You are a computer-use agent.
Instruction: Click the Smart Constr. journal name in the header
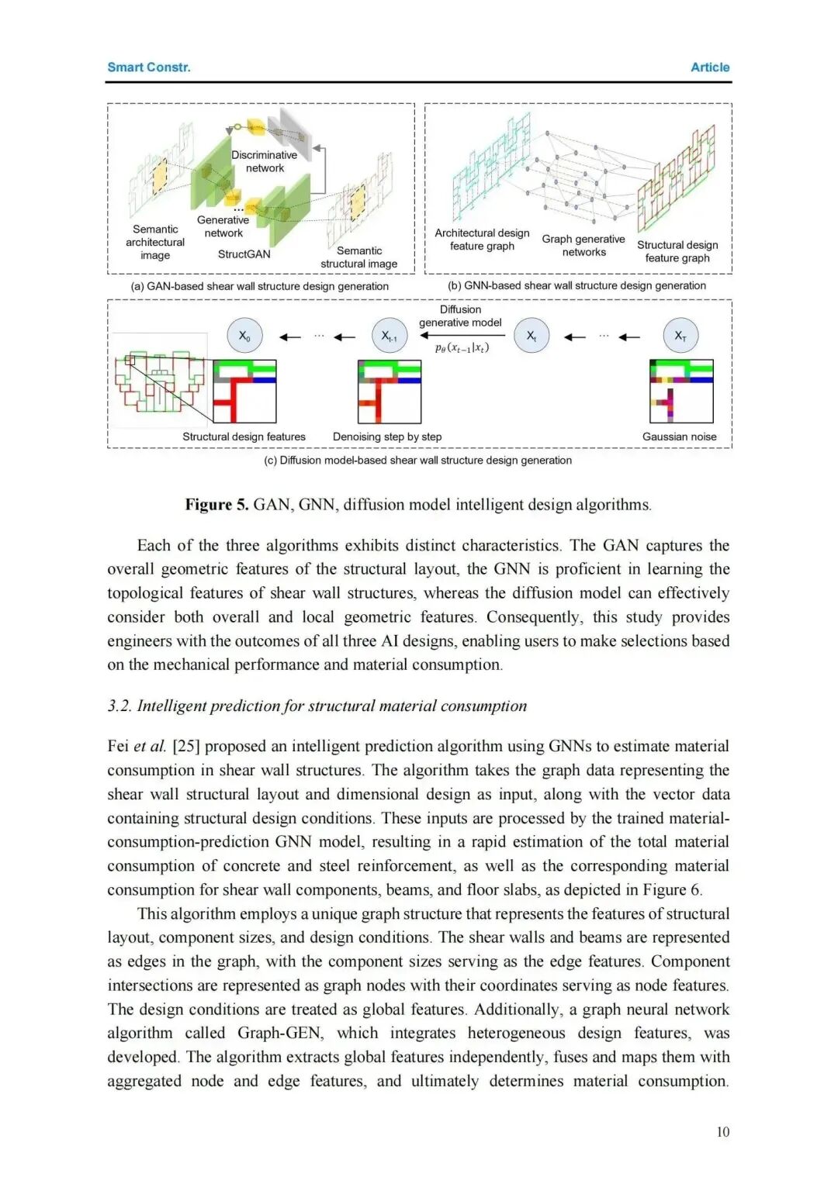click(149, 67)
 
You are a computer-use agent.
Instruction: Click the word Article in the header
click(710, 67)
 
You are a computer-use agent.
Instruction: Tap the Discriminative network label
click(265, 161)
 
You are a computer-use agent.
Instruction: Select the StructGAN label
click(244, 254)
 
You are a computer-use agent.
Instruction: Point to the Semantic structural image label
click(359, 257)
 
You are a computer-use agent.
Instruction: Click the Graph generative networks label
click(583, 246)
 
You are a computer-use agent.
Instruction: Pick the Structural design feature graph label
click(677, 251)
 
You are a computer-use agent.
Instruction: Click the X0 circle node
click(244, 336)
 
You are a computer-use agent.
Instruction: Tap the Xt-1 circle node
click(390, 336)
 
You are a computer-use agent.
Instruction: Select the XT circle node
click(680, 336)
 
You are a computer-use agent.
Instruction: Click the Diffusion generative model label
click(460, 316)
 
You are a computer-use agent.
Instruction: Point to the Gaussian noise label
click(679, 437)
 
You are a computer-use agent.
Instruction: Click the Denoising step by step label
click(387, 437)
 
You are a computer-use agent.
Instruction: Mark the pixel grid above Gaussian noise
click(680, 392)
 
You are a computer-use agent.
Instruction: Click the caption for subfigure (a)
click(260, 286)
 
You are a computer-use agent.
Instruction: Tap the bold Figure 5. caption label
click(216, 505)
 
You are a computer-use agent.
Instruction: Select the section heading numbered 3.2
click(317, 706)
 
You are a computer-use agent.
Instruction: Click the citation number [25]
click(186, 746)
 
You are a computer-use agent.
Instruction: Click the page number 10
click(722, 1132)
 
